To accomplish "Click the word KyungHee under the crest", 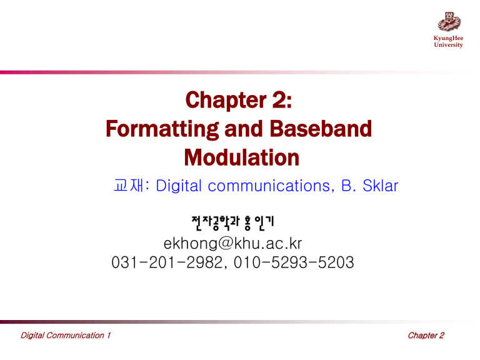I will pos(449,38).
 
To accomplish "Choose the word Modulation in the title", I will pos(239,158).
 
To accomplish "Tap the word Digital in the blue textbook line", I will pos(179,185).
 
